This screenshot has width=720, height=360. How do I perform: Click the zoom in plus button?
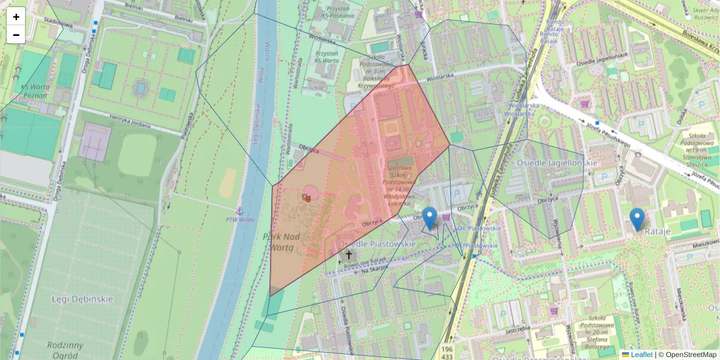tap(16, 17)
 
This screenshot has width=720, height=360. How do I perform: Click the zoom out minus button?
tap(16, 35)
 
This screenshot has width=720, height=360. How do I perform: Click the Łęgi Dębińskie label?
tap(82, 299)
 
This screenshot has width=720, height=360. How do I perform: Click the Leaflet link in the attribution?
tap(641, 355)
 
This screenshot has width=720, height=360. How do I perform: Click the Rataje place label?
tap(657, 230)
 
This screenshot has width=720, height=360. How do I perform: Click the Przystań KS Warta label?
tap(326, 57)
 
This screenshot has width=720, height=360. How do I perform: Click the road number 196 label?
tap(446, 348)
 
